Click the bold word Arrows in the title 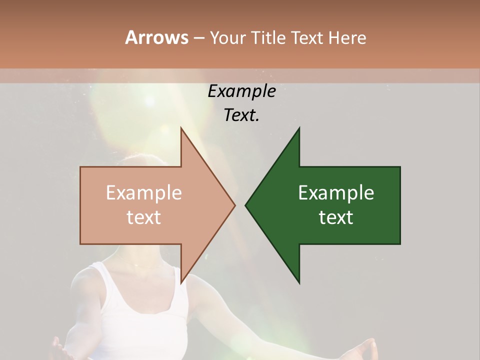[156, 37]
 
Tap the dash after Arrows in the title [198, 38]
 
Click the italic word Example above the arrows [241, 91]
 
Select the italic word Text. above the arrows [241, 115]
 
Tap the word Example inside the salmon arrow [144, 193]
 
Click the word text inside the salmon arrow [144, 217]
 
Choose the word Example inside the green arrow [336, 193]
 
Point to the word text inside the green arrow [336, 217]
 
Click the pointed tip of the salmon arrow [234, 205]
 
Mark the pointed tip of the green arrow [246, 205]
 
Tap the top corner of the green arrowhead [299, 128]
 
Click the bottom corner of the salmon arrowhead [181, 282]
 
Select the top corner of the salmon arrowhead [181, 128]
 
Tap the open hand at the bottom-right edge [367, 348]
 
